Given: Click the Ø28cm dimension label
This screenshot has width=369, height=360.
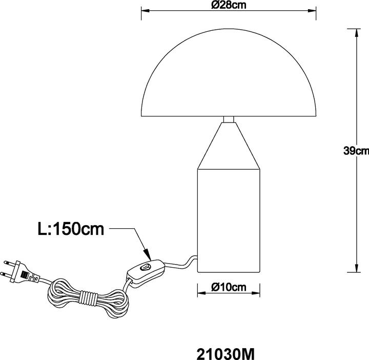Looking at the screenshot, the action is [229, 5].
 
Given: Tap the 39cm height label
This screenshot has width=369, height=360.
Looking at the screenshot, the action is [356, 151].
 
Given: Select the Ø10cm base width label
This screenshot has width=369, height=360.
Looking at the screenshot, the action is [229, 287].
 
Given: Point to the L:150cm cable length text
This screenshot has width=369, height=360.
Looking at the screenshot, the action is [71, 229].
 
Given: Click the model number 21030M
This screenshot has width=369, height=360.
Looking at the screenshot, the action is [225, 354].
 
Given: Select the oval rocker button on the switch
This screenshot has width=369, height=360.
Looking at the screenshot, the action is [144, 267].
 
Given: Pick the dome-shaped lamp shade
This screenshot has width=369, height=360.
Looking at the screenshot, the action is [229, 72].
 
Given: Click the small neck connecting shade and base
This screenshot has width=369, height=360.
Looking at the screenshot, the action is [229, 119].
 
